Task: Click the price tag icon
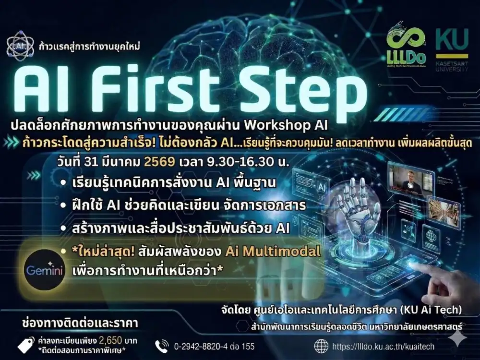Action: click(x=26, y=344)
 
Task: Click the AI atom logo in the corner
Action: click(x=20, y=44)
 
